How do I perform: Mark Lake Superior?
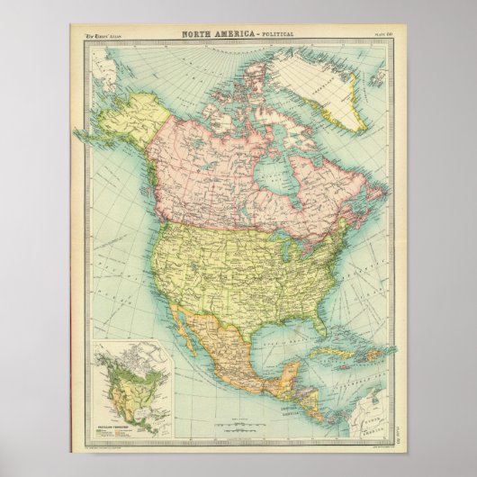262,229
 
